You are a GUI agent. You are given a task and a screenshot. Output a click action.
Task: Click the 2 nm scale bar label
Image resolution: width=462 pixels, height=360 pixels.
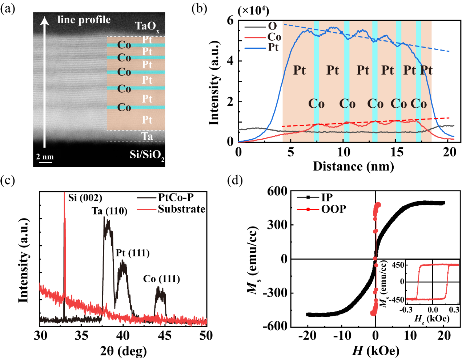click(x=45, y=157)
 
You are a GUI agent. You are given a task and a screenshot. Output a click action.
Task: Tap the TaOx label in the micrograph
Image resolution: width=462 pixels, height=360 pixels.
click(x=147, y=26)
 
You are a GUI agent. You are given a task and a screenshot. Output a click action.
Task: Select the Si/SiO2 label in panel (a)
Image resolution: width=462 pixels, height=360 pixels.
click(x=147, y=155)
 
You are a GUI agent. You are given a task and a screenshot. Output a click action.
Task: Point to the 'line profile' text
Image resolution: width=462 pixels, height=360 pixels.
click(x=84, y=20)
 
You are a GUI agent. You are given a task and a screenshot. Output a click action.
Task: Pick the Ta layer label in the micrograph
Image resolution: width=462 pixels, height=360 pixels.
click(x=147, y=136)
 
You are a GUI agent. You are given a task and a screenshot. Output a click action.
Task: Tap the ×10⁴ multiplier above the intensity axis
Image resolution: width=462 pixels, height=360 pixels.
click(x=253, y=11)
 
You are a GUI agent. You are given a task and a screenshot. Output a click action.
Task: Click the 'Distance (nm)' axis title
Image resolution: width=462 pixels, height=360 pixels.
click(x=353, y=166)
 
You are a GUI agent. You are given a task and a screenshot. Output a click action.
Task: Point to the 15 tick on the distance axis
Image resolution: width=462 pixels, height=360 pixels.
click(x=397, y=152)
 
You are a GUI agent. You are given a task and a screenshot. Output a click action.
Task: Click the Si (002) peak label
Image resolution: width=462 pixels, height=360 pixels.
click(x=85, y=198)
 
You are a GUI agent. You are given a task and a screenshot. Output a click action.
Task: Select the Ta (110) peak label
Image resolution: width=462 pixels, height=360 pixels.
click(x=109, y=211)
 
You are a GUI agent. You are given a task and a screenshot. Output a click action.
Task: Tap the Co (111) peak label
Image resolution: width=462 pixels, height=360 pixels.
click(x=161, y=279)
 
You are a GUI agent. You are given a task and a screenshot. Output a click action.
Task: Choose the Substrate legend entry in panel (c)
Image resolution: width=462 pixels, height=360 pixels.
click(x=181, y=209)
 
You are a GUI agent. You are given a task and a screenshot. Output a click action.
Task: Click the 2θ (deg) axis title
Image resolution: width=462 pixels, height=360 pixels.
click(x=123, y=351)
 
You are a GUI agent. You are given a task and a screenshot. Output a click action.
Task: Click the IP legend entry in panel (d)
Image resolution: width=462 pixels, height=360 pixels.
click(x=327, y=197)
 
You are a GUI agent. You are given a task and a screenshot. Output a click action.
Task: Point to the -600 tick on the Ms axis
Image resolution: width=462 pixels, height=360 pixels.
click(x=277, y=327)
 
